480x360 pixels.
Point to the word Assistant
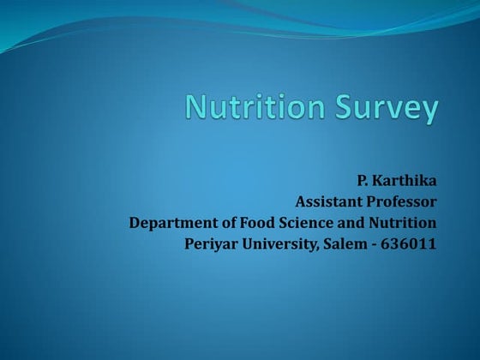coord(331,202)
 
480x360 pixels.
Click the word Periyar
coord(212,244)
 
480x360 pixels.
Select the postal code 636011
coord(411,244)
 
